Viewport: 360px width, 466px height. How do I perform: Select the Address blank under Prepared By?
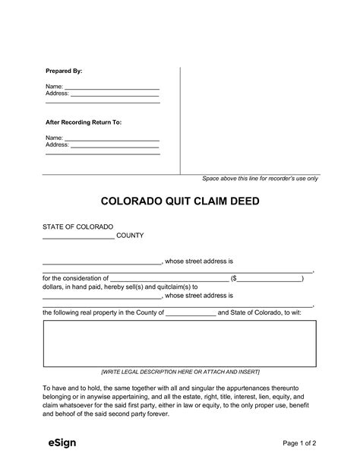pyautogui.click(x=115, y=94)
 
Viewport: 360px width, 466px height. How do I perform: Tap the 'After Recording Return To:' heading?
pyautogui.click(x=84, y=122)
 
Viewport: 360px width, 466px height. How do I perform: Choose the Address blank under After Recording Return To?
pyautogui.click(x=115, y=144)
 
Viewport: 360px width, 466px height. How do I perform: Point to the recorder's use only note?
pyautogui.click(x=260, y=179)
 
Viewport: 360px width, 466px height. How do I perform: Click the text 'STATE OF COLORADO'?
pyautogui.click(x=77, y=227)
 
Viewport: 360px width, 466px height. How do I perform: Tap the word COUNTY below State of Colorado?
pyautogui.click(x=131, y=236)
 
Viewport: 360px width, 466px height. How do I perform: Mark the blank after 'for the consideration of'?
pyautogui.click(x=170, y=278)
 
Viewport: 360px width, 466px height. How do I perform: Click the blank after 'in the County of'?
pyautogui.click(x=190, y=312)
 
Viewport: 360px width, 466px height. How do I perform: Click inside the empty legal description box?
pyautogui.click(x=179, y=344)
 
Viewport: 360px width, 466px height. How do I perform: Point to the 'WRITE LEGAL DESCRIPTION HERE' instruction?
pyautogui.click(x=180, y=372)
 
